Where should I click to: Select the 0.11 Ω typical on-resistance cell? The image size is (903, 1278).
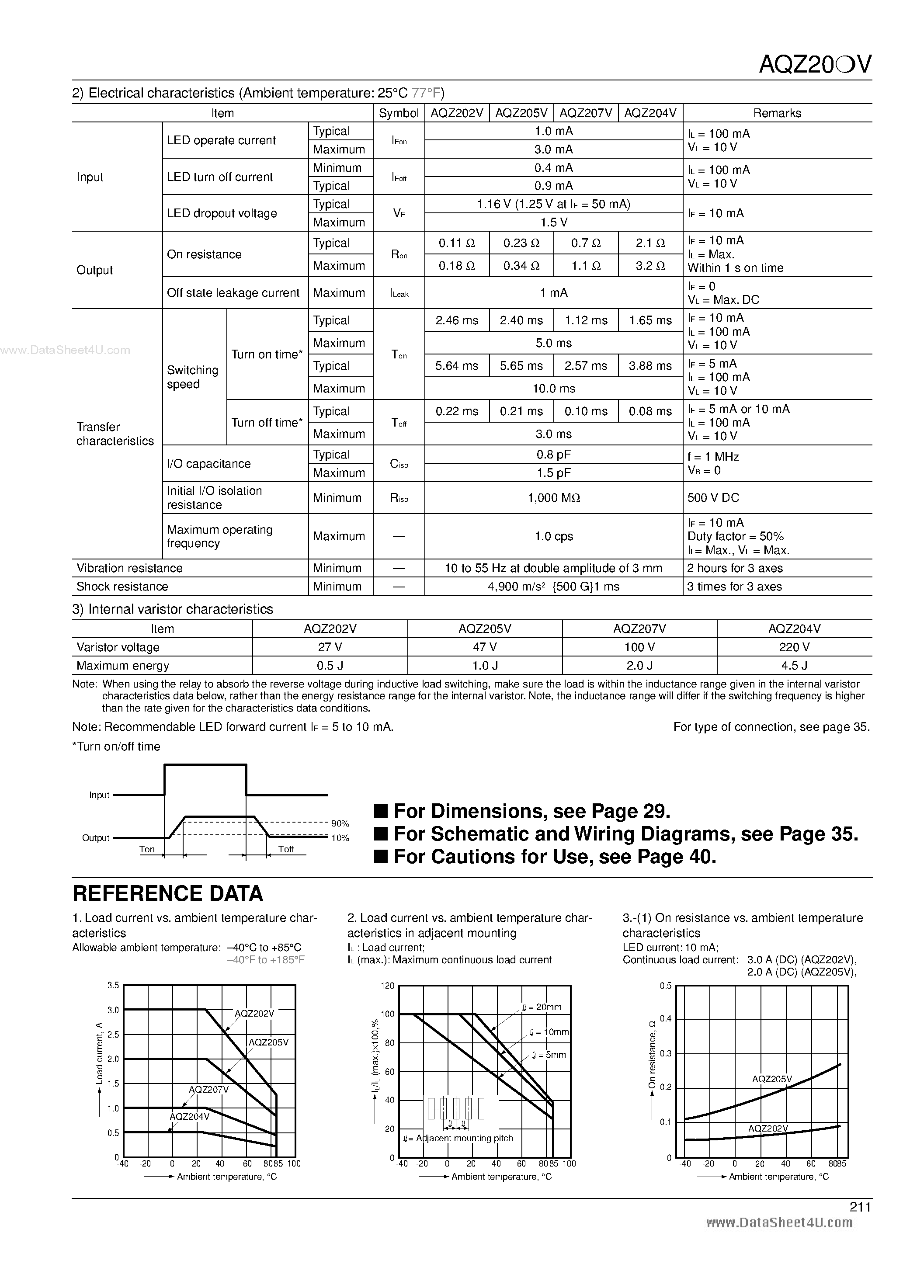pos(456,243)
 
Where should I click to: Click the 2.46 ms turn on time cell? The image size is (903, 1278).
pos(456,321)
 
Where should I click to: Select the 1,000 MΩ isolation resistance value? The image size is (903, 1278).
pos(553,498)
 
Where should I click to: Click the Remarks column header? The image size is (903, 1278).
pos(777,113)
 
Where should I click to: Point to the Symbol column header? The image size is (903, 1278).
pos(399,113)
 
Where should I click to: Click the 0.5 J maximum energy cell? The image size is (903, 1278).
pos(330,666)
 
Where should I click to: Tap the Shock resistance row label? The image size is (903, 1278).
pos(122,587)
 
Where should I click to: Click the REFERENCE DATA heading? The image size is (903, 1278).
pos(167,893)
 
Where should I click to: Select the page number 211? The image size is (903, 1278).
pos(860,1207)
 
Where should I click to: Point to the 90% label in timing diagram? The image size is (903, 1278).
pos(340,823)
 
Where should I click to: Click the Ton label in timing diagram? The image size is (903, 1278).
pos(147,849)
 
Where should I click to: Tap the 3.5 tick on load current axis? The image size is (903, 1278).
pos(113,985)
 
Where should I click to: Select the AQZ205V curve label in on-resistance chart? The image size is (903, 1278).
pos(771,1079)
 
